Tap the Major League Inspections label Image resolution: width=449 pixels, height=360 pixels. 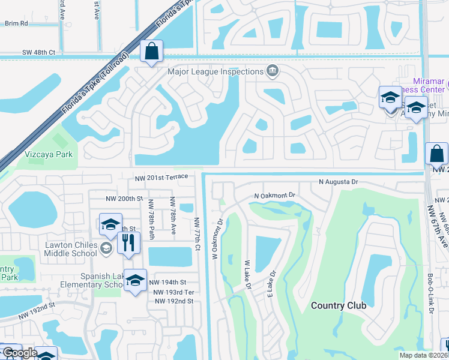click(x=215, y=71)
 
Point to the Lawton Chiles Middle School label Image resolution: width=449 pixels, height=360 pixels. click(x=70, y=249)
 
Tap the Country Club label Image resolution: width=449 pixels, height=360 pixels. click(x=339, y=305)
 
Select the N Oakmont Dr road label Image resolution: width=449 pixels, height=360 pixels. click(x=275, y=196)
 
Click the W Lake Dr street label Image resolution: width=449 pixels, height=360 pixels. click(x=247, y=275)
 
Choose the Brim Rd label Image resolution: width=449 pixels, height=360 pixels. click(x=16, y=23)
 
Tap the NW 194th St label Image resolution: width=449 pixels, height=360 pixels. click(x=168, y=282)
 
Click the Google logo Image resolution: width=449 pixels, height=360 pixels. click(x=20, y=353)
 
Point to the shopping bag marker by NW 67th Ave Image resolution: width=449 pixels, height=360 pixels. click(x=436, y=154)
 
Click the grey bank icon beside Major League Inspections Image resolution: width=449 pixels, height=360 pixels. click(x=272, y=71)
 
